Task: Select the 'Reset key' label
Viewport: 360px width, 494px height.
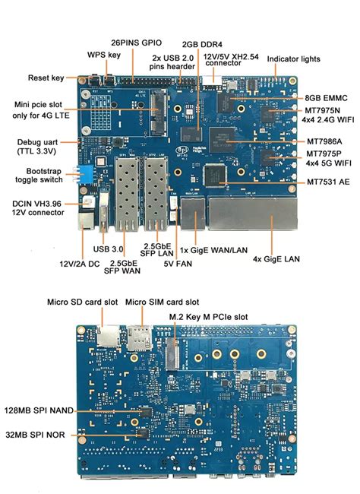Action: coord(46,78)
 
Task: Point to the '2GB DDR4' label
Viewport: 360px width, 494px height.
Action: coord(201,44)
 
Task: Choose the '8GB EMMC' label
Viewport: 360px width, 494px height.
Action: coord(327,98)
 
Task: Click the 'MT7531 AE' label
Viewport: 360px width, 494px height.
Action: coord(329,182)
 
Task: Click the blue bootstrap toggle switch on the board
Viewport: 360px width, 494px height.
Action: coord(90,174)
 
